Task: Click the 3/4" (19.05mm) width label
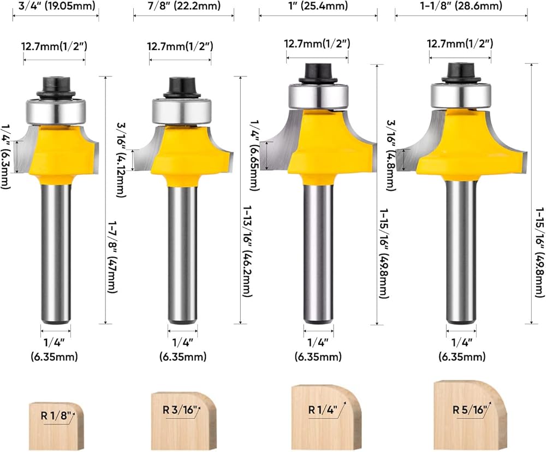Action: tap(55, 5)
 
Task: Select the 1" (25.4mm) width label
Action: tap(318, 5)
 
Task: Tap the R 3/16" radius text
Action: tap(180, 409)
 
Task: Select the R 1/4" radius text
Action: tap(323, 409)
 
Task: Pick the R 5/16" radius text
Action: tap(469, 409)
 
